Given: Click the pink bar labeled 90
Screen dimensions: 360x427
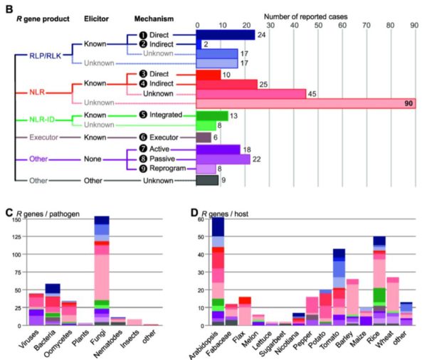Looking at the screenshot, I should click(305, 103).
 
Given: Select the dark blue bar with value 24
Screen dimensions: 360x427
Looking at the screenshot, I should click(225, 34).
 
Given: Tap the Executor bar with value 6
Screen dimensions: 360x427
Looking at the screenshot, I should click(204, 137).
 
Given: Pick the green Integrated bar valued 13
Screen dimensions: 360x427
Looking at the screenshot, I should click(212, 115).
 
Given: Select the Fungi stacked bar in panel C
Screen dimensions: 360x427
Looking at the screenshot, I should click(101, 270).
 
